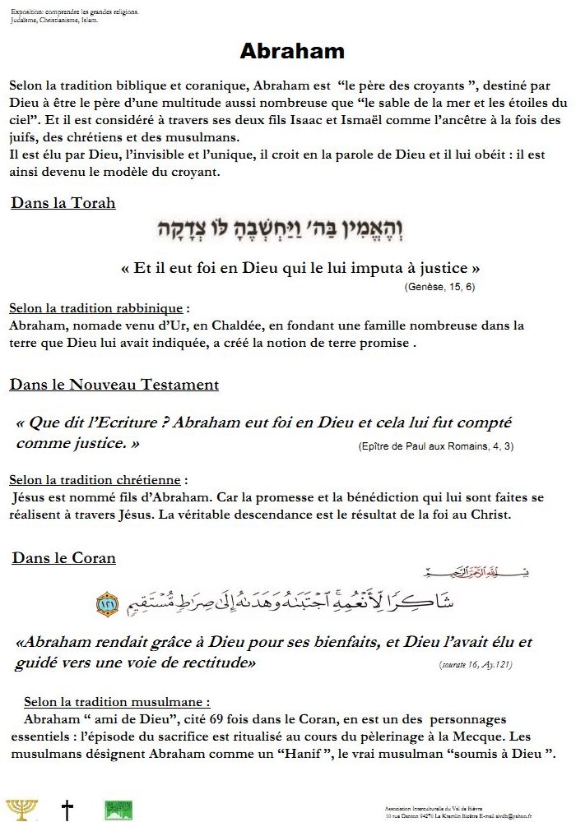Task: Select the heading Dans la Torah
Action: pos(63,202)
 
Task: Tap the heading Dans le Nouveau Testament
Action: pos(114,384)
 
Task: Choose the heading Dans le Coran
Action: pos(63,558)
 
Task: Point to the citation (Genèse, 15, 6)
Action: pos(439,287)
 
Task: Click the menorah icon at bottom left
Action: pos(21,809)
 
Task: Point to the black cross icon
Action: pos(67,810)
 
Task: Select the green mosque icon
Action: pos(118,810)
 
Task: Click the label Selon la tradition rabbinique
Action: pos(95,308)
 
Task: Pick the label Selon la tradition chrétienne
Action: pos(97,479)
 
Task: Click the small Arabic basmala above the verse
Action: pos(448,573)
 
